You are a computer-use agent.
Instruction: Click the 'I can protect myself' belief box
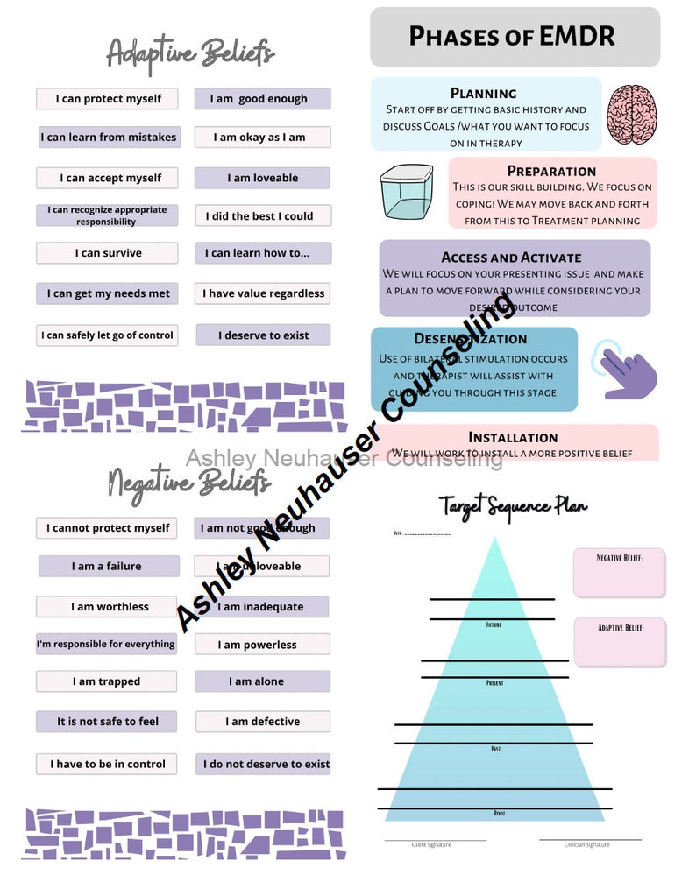click(107, 99)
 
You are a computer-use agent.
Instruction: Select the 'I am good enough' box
click(262, 99)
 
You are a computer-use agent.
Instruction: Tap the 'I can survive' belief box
click(107, 253)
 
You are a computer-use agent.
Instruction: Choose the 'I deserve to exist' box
click(263, 335)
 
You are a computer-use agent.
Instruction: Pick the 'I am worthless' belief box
click(107, 607)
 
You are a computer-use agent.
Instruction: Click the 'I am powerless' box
click(262, 645)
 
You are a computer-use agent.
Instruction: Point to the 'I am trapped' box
click(107, 681)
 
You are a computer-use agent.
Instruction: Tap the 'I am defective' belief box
click(262, 722)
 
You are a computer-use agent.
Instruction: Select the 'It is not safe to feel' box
click(107, 722)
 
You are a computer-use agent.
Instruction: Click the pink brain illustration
click(632, 115)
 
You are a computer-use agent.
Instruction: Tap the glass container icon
click(407, 192)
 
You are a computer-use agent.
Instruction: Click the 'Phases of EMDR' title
click(513, 37)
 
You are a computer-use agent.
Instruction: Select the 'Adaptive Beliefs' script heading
click(190, 53)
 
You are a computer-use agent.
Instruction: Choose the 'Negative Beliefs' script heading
click(188, 481)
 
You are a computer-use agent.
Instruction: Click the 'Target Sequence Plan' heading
click(513, 506)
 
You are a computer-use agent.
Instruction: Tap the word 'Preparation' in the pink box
click(551, 171)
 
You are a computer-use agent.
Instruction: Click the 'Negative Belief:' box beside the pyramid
click(619, 573)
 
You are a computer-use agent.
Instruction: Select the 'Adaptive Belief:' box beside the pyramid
click(619, 642)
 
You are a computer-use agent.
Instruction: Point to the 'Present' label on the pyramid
click(494, 682)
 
